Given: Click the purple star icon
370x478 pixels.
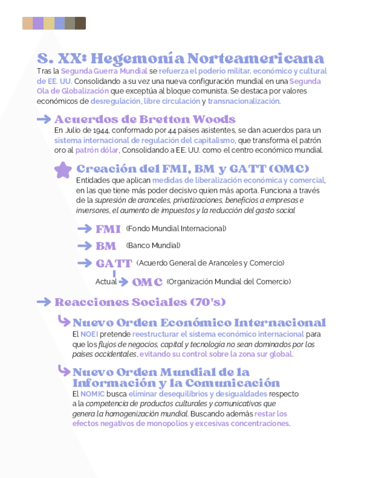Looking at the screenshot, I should [63, 170].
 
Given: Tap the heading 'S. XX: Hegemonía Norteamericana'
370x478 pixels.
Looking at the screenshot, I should [180, 58].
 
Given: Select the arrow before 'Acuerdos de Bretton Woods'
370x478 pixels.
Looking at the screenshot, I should [44, 119].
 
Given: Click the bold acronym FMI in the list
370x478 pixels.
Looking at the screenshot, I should [108, 229].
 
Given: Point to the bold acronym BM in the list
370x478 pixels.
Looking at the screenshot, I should [106, 246].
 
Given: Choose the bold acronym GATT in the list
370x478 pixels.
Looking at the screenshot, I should [114, 263].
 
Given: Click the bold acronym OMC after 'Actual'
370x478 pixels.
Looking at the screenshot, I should [147, 282].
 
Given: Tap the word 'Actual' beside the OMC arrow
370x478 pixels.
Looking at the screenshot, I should [106, 281].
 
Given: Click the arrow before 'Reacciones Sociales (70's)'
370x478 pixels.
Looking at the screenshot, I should [43, 302].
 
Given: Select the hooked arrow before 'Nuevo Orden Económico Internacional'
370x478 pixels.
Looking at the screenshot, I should [64, 322].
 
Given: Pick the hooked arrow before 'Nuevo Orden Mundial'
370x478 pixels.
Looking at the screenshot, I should [64, 371].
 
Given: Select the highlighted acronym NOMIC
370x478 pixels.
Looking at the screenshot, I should [92, 394].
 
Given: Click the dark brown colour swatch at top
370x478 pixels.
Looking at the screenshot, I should [80, 23].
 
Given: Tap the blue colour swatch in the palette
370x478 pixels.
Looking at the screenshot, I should [59, 23].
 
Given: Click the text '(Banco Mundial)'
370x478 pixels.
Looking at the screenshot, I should [153, 246].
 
